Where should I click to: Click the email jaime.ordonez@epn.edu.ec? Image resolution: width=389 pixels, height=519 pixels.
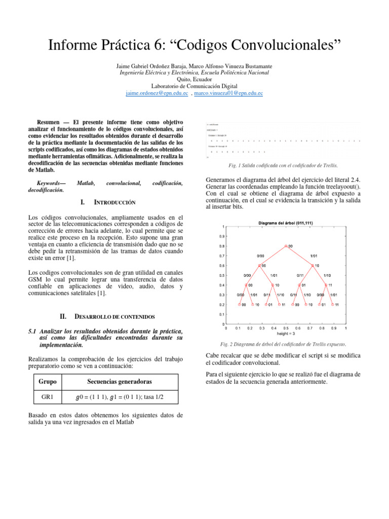click(157, 94)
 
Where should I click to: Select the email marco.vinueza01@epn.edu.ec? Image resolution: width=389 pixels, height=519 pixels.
click(228, 94)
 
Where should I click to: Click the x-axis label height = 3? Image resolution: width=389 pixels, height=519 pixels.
click(286, 334)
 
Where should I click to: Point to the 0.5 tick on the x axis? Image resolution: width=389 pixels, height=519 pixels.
click(286, 328)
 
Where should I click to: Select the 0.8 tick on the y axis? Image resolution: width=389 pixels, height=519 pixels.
click(221, 246)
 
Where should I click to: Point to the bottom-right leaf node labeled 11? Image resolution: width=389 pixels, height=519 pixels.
click(334, 305)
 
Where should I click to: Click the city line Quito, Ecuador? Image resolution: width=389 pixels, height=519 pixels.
click(194, 80)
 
